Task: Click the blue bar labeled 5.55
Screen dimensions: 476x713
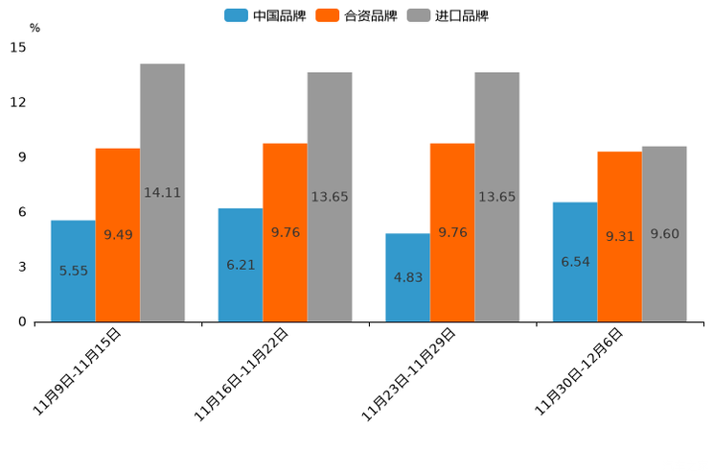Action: point(73,271)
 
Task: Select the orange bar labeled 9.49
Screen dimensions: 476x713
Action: point(118,235)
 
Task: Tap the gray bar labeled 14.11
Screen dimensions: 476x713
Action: point(162,192)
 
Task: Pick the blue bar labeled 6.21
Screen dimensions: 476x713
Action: point(241,265)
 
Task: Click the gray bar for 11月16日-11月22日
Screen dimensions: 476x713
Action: point(330,197)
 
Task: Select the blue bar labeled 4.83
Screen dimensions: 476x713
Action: point(407,277)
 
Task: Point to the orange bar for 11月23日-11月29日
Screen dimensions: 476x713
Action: point(452,232)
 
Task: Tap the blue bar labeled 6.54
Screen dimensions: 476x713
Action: point(575,261)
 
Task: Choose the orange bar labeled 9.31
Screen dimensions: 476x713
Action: point(620,236)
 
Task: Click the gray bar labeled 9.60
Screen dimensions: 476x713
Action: point(664,233)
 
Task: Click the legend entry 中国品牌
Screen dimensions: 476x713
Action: point(265,15)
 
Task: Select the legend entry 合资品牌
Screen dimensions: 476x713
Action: point(356,15)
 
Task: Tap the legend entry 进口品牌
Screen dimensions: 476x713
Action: point(448,15)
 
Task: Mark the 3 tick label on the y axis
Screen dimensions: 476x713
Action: point(21,267)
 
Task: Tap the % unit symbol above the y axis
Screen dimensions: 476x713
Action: point(34,28)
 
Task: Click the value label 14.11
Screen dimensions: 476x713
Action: point(162,192)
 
